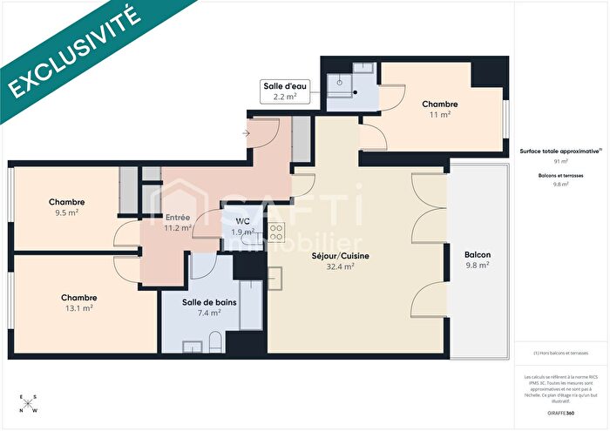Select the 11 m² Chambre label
tap(439, 109)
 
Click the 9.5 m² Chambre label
tap(66, 206)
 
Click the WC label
tap(242, 226)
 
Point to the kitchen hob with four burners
tap(276, 232)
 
